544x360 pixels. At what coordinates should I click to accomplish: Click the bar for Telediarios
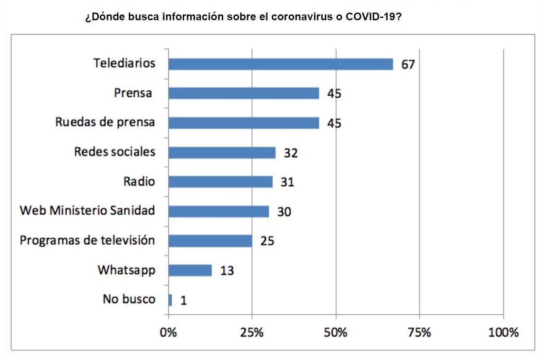[280, 64]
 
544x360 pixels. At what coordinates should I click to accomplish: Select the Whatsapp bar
[190, 271]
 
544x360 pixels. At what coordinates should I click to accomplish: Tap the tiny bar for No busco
[170, 300]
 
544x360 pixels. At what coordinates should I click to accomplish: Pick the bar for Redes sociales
[222, 153]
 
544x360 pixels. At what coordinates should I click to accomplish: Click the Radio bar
[220, 182]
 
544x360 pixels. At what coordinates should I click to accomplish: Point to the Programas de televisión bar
[210, 241]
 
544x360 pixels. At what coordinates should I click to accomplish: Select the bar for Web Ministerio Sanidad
[219, 211]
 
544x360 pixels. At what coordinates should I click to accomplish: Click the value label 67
[408, 65]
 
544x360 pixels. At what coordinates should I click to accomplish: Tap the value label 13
[227, 271]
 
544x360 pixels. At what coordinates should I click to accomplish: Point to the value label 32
[291, 153]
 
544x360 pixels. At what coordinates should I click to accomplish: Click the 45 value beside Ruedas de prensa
[334, 123]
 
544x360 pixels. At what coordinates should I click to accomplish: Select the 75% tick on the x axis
[419, 332]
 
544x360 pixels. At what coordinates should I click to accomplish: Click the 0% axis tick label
[168, 332]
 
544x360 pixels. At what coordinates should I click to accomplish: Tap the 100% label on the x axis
[503, 332]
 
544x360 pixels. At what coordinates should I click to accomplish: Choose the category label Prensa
[133, 93]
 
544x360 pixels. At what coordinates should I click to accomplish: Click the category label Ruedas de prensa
[105, 122]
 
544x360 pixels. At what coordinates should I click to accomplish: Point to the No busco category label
[129, 299]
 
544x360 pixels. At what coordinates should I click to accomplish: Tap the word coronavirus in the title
[302, 16]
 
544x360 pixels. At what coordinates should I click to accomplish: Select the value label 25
[267, 241]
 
